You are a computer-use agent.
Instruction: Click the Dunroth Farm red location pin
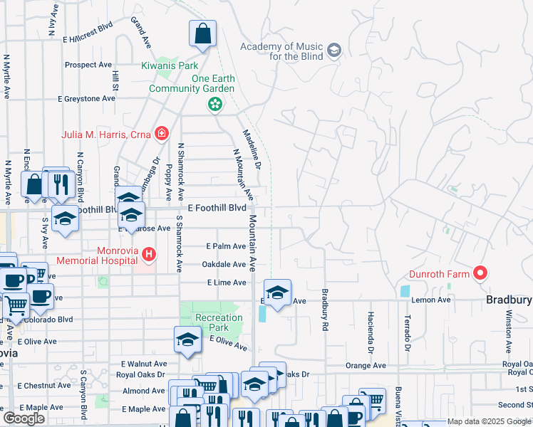[480, 273]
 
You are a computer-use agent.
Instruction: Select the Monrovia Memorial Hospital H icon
[148, 253]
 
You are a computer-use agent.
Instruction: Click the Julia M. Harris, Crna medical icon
[162, 134]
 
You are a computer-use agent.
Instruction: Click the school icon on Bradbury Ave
[277, 292]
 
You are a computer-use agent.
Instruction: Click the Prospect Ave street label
[88, 65]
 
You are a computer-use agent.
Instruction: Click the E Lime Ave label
[226, 283]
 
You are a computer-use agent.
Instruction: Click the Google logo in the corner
[24, 418]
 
